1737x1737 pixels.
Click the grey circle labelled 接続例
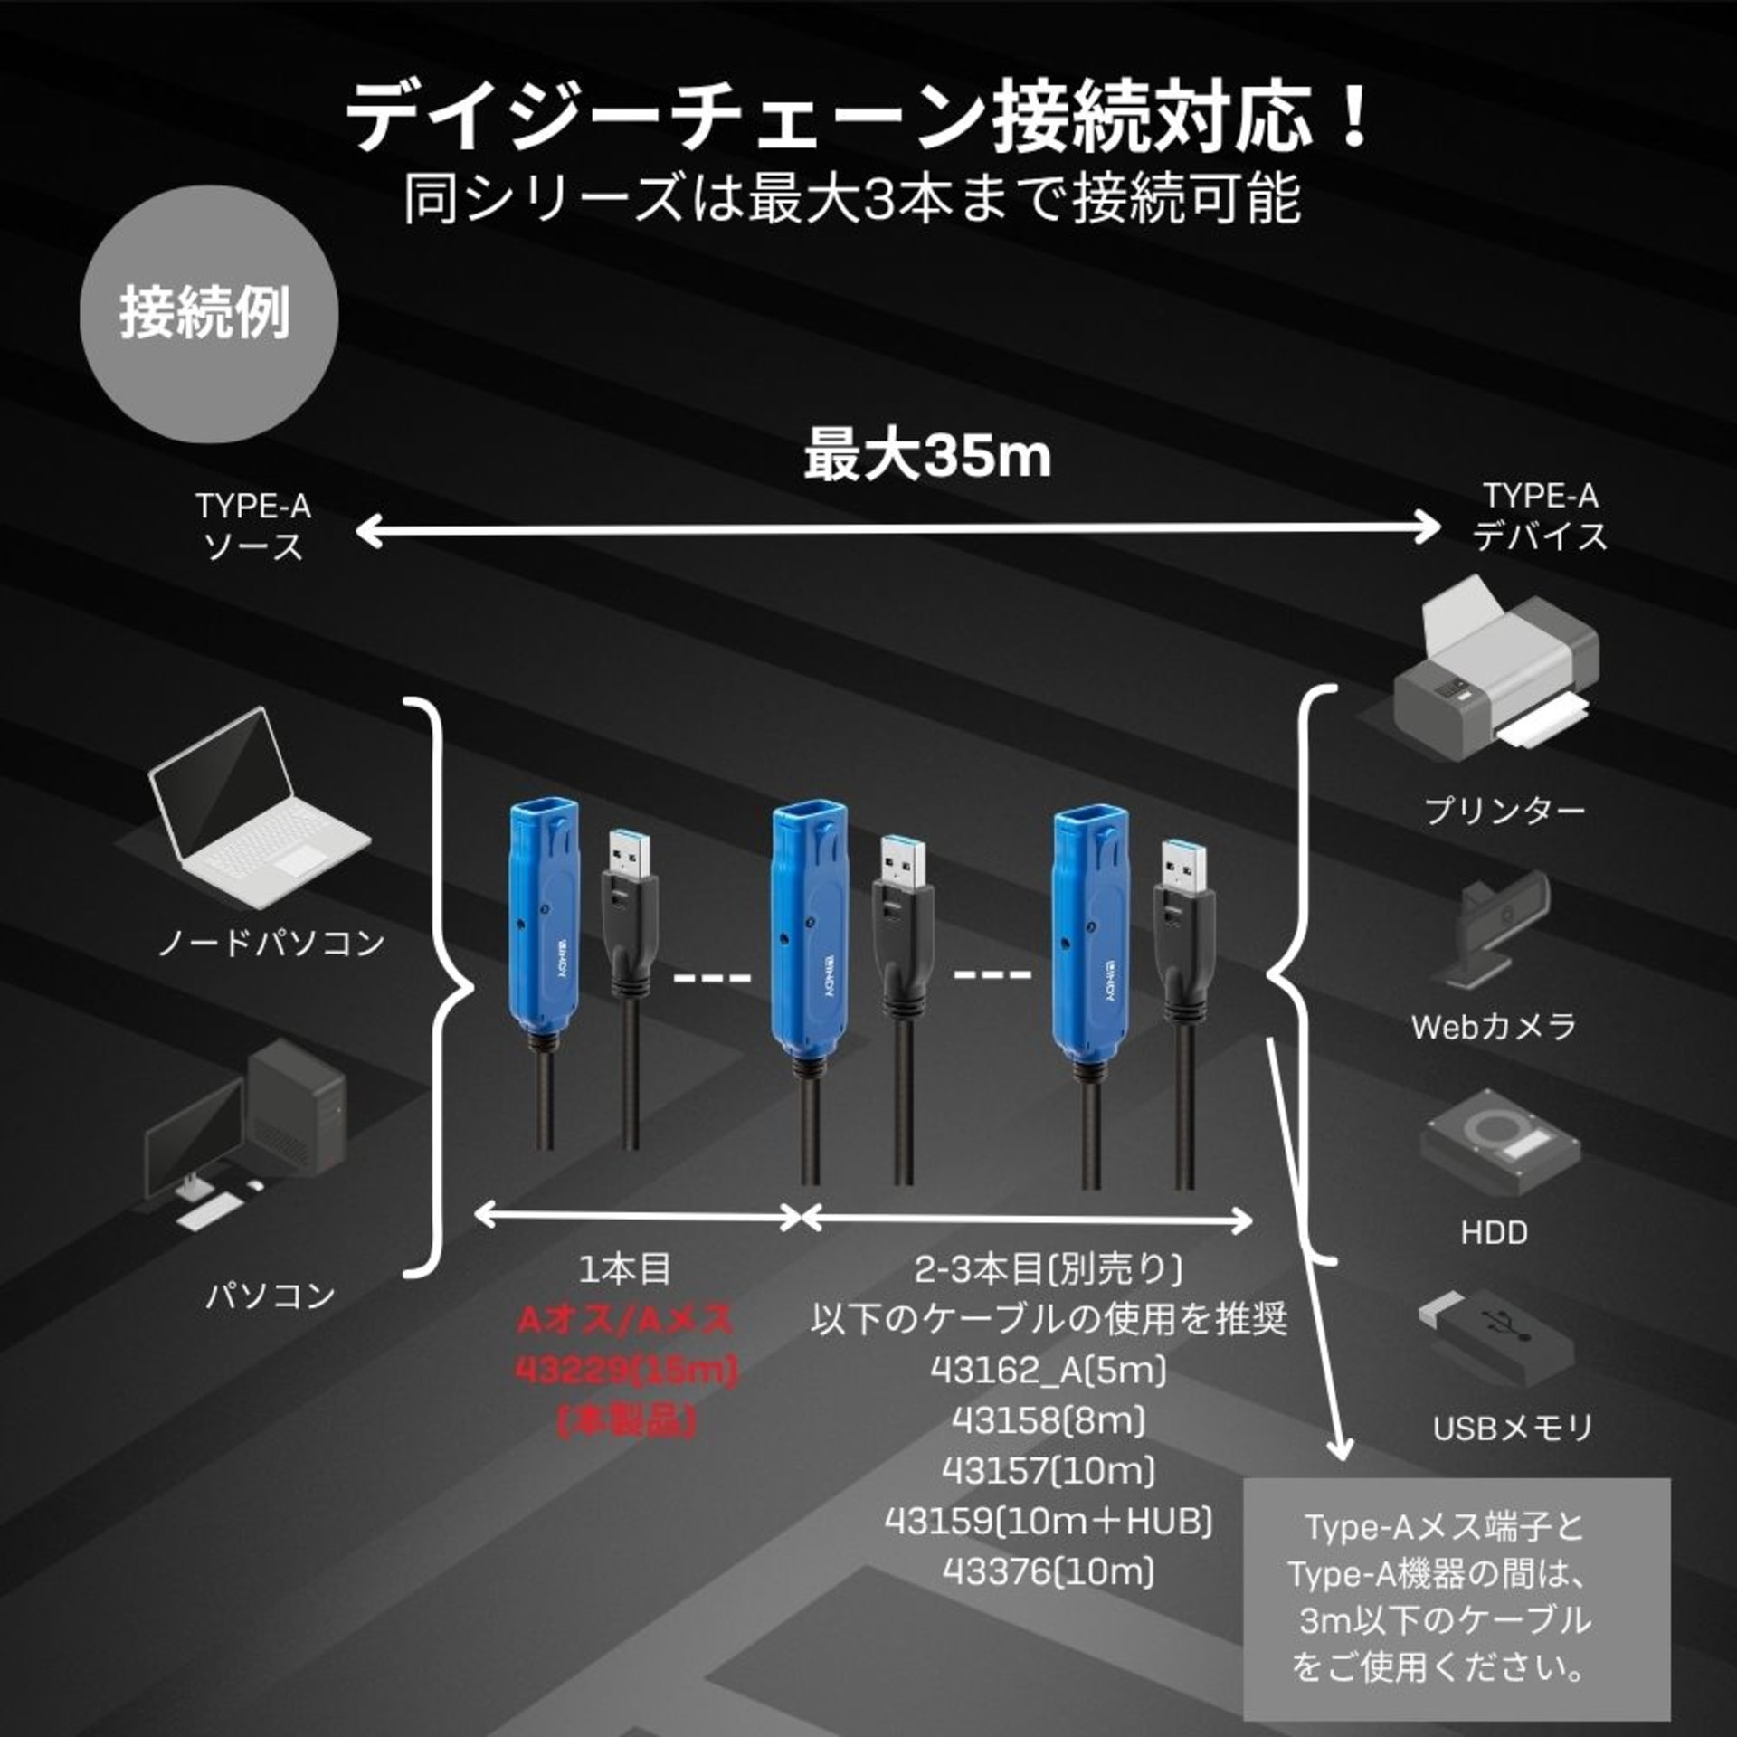[x=209, y=314]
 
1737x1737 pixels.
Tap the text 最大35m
[x=927, y=455]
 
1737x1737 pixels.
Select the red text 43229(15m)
[x=626, y=1370]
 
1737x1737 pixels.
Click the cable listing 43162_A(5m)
[x=1049, y=1371]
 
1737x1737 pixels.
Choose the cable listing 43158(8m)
[x=1049, y=1421]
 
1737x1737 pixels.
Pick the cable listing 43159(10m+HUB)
[x=1049, y=1522]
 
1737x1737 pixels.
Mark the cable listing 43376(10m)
[x=1049, y=1572]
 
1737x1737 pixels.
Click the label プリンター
[x=1504, y=811]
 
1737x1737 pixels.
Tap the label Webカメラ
[x=1494, y=1027]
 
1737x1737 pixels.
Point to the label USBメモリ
[x=1512, y=1429]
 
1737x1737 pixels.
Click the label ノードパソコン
[x=271, y=944]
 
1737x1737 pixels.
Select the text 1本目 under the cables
[x=625, y=1269]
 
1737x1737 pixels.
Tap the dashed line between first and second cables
[x=713, y=978]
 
